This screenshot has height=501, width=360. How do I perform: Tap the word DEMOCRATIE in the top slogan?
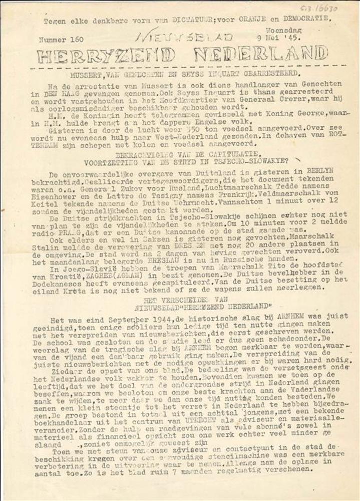click(305, 19)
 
